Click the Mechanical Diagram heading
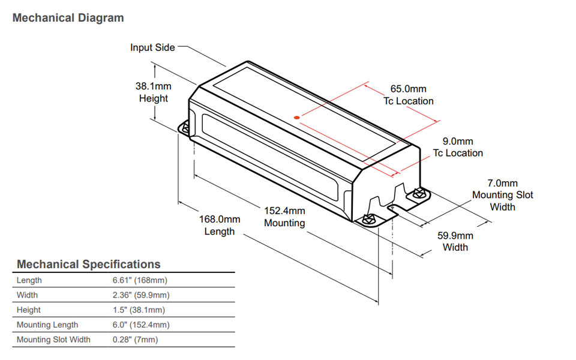[x=68, y=18]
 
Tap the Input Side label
[x=152, y=47]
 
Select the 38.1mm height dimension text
[x=154, y=86]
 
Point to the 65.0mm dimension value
[x=409, y=89]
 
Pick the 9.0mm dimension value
[x=458, y=142]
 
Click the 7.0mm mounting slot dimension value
[x=502, y=184]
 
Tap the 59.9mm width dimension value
[x=455, y=236]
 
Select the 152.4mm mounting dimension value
[x=285, y=211]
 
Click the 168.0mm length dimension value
[x=220, y=220]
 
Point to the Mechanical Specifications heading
[x=89, y=264]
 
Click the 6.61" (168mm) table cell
[x=139, y=280]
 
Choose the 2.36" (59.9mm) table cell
[x=140, y=295]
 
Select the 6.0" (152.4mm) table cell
[x=140, y=325]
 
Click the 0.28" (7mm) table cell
[x=136, y=340]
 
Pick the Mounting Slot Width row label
[x=53, y=340]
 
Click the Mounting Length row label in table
[x=47, y=325]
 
